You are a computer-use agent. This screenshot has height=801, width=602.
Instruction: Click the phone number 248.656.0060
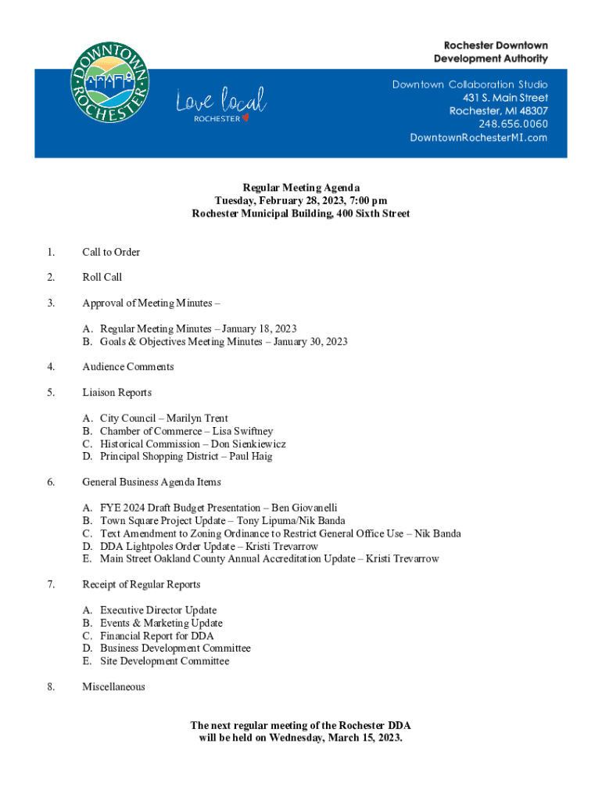pos(513,124)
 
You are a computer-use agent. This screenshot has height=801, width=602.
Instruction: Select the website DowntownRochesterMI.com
pos(478,138)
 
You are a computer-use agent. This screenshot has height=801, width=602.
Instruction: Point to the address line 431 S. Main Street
pos(505,97)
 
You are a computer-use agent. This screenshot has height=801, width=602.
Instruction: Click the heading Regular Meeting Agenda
pos(301,188)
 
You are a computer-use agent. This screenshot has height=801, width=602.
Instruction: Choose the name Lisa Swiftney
pos(243,431)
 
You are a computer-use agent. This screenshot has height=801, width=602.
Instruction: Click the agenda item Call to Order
pos(111,252)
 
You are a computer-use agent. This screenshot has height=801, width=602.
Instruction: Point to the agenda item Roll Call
pos(102,277)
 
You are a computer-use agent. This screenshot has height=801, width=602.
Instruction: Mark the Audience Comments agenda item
pos(128,367)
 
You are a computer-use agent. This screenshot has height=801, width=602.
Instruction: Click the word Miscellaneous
pos(113,687)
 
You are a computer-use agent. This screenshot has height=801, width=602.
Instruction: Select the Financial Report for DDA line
pos(156,636)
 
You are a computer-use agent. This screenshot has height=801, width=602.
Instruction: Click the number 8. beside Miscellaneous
pos(51,687)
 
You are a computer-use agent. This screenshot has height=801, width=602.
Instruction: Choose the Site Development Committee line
pos(164,661)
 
